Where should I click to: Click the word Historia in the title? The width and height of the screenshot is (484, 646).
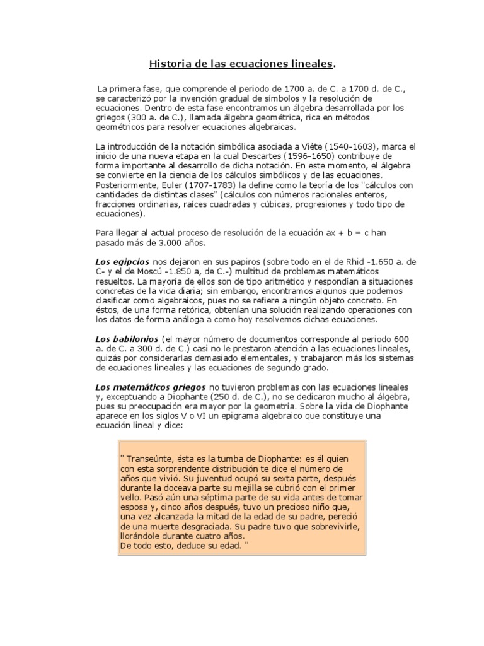point(168,64)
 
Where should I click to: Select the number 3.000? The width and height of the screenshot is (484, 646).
point(164,242)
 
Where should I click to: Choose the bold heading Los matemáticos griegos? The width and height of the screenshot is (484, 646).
point(147,386)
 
